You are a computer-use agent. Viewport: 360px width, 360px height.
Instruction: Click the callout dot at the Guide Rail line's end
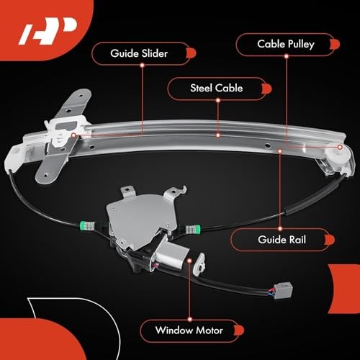[280, 150]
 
